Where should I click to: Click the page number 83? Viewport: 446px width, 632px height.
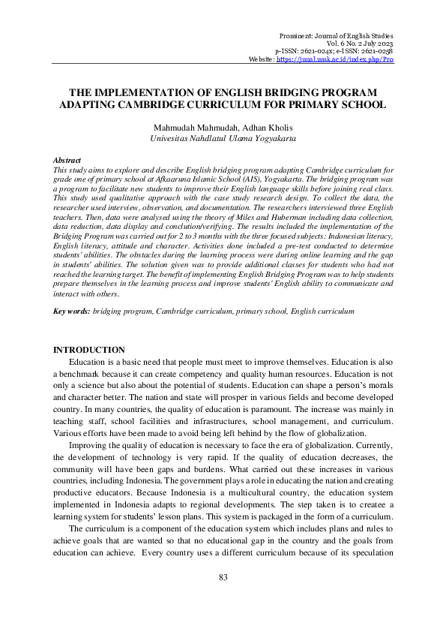[223, 576]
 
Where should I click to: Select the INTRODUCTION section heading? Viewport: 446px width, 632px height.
[88, 350]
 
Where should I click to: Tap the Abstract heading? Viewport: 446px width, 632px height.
[67, 161]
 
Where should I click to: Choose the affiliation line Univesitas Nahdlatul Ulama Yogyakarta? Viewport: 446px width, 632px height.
[223, 139]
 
